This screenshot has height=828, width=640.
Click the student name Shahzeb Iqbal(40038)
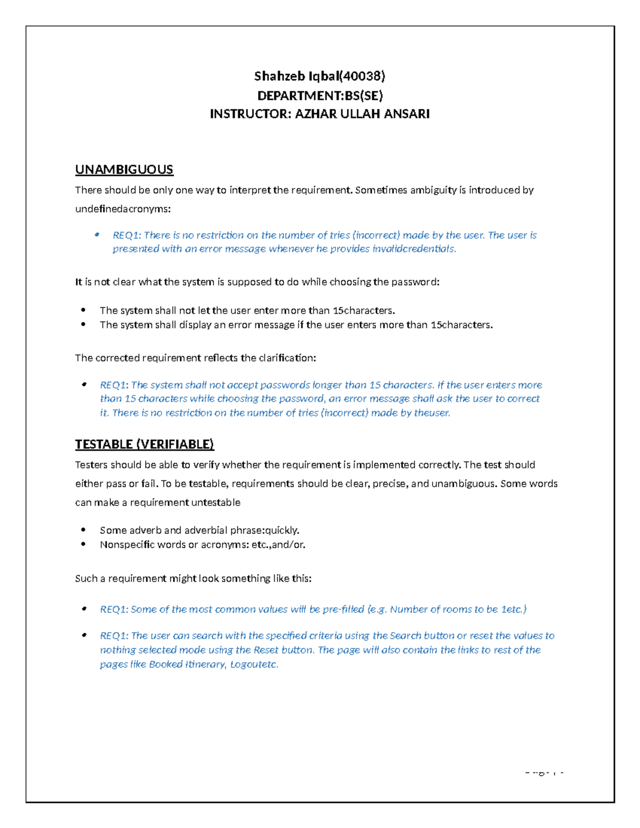tap(319, 76)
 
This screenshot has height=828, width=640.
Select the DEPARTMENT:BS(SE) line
tap(319, 95)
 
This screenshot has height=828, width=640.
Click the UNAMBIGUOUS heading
tap(124, 170)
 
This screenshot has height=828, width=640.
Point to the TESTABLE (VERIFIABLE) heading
tap(144, 444)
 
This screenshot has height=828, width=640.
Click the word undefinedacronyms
tap(123, 209)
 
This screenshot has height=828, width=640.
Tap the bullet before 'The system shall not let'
tap(83, 310)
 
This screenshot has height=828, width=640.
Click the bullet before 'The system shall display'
tap(83, 325)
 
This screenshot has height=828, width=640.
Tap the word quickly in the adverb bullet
tap(282, 530)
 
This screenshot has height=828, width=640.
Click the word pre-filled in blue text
tap(343, 609)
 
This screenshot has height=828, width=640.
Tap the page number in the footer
tap(544, 772)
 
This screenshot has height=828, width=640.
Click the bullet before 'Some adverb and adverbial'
tap(83, 530)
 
